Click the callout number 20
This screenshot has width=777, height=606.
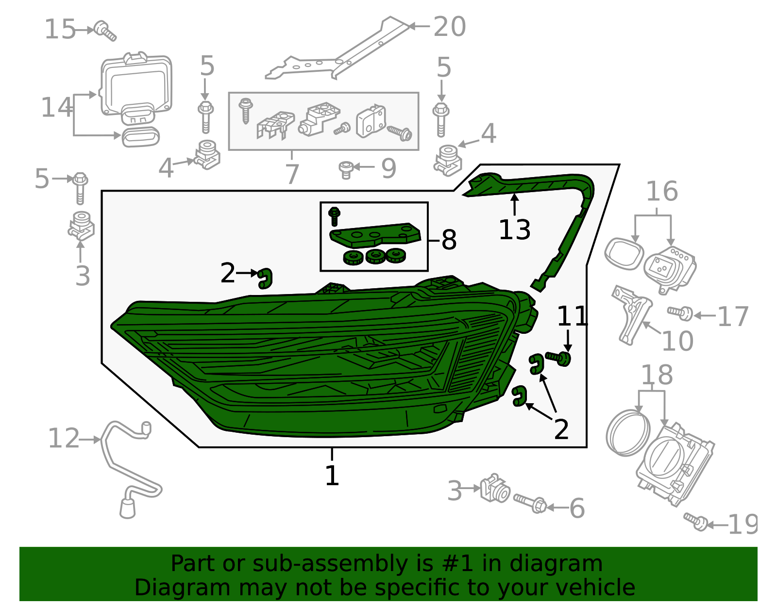[x=449, y=27]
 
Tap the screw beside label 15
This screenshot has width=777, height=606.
[x=105, y=31]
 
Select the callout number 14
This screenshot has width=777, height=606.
[x=56, y=108]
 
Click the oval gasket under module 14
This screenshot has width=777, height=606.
[x=140, y=137]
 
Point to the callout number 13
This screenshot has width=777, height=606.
[x=514, y=229]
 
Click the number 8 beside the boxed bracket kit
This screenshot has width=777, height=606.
[x=449, y=240]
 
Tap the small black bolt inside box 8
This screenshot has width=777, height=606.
[x=334, y=215]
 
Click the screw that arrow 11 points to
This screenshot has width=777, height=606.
[x=558, y=358]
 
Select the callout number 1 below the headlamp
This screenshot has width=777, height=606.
[x=332, y=475]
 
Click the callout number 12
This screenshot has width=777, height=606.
[x=63, y=439]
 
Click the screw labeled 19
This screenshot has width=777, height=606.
[x=695, y=521]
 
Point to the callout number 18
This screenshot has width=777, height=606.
[x=657, y=375]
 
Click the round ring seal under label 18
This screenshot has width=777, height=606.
[x=627, y=433]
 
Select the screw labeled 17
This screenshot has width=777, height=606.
[x=680, y=313]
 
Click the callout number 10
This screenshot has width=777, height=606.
[x=677, y=341]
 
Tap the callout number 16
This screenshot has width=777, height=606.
[x=661, y=192]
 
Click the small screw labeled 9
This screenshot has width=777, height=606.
[x=346, y=169]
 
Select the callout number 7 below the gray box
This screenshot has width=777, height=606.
[x=291, y=174]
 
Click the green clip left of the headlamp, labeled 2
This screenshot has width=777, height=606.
[x=265, y=278]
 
